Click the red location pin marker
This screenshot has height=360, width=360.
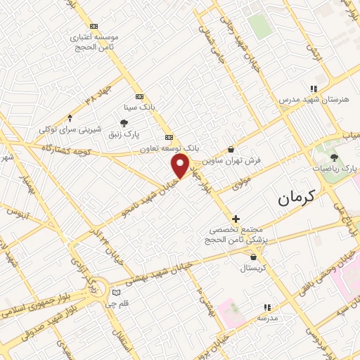click(181, 167)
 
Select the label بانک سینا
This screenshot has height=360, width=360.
click(138, 108)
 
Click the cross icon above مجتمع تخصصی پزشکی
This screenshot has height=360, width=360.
click(236, 219)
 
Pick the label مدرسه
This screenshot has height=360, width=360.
click(266, 318)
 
